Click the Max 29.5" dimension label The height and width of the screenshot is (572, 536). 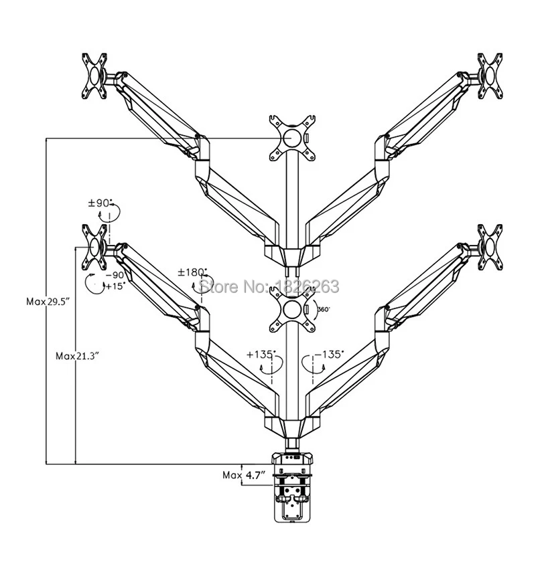click(x=48, y=302)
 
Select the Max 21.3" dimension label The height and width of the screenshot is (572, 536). click(x=78, y=356)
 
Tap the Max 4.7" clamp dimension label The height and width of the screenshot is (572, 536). click(x=243, y=475)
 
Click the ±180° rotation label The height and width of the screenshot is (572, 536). click(x=192, y=272)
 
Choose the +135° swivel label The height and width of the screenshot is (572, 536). click(x=261, y=354)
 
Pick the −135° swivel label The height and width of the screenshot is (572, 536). click(x=330, y=354)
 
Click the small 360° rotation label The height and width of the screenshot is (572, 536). click(x=324, y=309)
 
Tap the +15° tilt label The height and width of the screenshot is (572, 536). click(x=115, y=286)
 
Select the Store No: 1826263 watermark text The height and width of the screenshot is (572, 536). click(x=269, y=286)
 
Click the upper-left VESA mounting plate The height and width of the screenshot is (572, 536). click(x=94, y=76)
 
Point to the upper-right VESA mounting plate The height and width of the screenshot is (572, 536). click(x=490, y=76)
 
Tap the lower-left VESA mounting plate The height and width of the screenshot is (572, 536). click(x=94, y=248)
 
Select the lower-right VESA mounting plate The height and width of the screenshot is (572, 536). click(x=490, y=248)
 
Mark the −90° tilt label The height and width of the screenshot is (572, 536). click(x=115, y=275)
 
